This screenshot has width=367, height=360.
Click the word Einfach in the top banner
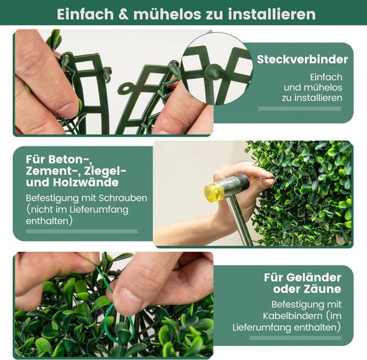85,14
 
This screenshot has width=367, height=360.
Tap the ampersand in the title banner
124,14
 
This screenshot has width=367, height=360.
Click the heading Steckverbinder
302,59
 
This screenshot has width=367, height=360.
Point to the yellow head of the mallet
213,189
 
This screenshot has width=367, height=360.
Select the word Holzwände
86,182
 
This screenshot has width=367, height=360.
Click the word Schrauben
123,198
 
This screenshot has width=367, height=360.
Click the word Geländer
314,277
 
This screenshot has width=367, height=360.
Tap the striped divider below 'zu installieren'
300,109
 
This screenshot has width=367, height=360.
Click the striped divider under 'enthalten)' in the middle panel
82,231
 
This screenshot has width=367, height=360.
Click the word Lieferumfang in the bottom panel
262,327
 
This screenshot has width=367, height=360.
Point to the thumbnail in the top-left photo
67,110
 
